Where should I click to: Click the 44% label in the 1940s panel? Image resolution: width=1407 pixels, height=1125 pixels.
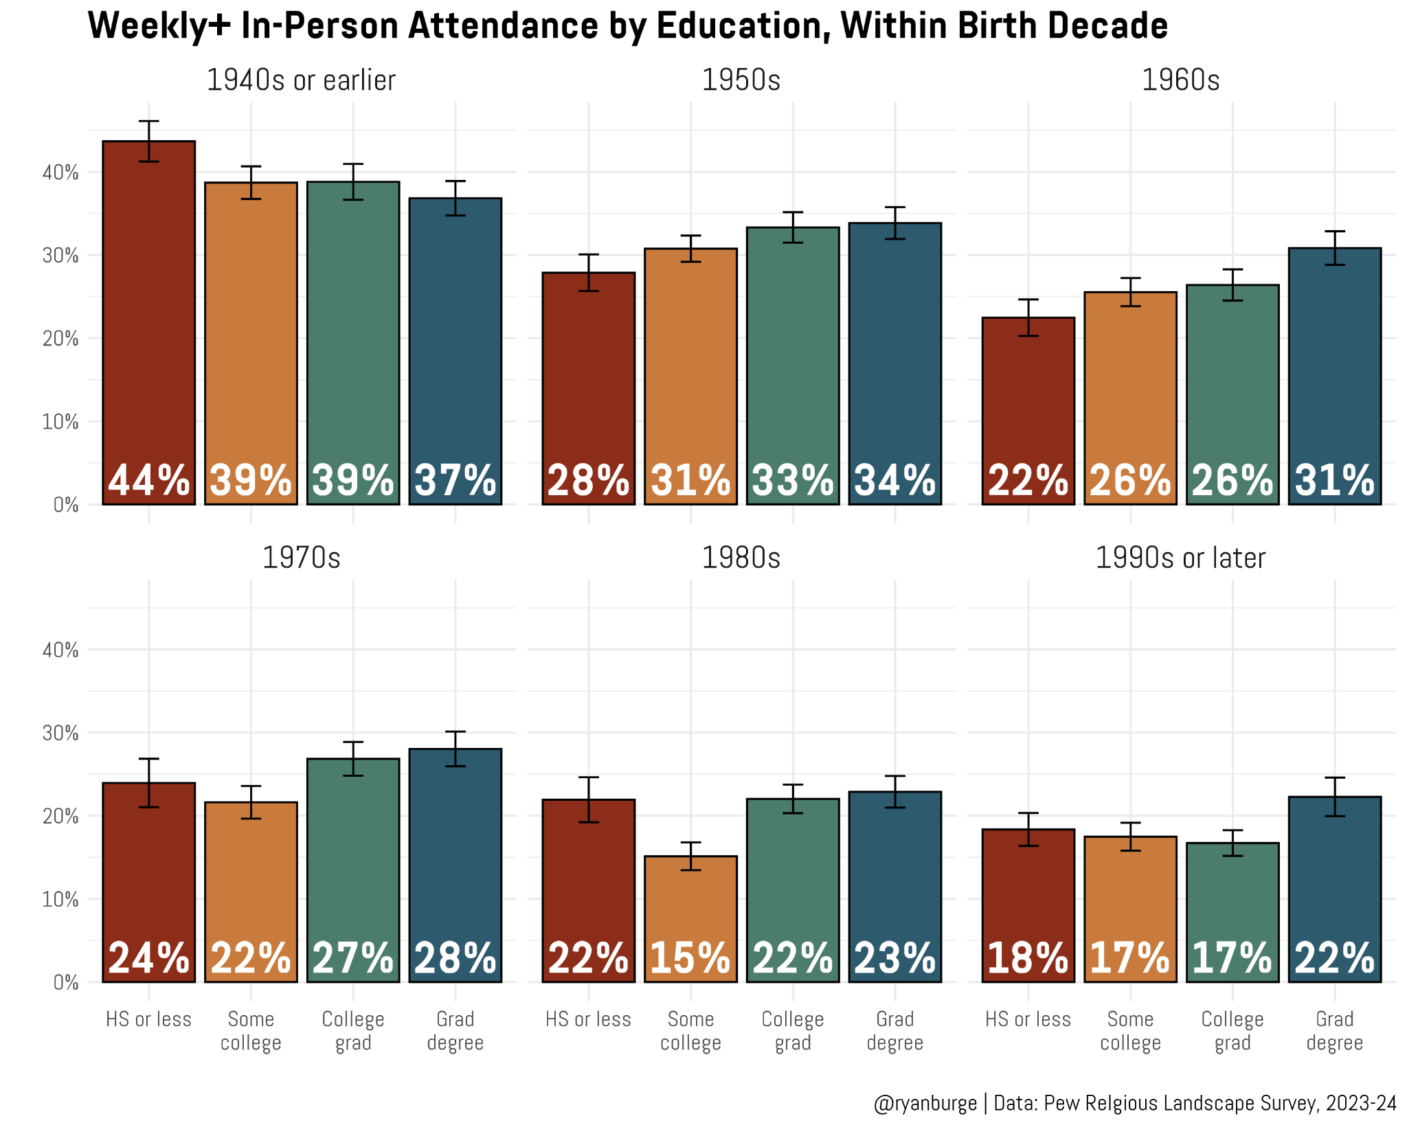click(148, 480)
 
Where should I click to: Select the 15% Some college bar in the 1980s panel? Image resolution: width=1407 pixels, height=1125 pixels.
click(690, 919)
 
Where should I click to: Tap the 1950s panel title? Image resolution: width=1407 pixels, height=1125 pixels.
click(741, 80)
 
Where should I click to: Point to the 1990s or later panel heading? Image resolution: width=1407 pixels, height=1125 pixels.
click(1180, 558)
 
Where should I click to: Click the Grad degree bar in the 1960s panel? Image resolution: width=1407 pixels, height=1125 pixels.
click(1334, 376)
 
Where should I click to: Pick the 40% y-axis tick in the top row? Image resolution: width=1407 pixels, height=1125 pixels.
click(60, 172)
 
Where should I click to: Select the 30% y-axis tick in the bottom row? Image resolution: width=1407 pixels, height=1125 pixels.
click(60, 733)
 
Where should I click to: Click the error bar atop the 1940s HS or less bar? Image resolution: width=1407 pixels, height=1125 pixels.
click(148, 141)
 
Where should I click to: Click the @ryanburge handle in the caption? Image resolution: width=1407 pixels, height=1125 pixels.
click(925, 1103)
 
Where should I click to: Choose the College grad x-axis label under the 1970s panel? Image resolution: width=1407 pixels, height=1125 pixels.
click(353, 1031)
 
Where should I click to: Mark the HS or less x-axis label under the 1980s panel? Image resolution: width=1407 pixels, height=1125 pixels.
click(588, 1019)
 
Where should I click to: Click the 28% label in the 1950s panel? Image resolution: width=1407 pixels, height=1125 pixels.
click(588, 480)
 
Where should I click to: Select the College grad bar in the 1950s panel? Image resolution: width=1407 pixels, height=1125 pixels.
click(793, 366)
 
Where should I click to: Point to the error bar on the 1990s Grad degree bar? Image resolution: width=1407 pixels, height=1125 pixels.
click(1334, 797)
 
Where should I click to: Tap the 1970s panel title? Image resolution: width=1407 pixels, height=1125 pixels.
click(301, 558)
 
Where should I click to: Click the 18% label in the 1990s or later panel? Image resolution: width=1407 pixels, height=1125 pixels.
click(1028, 958)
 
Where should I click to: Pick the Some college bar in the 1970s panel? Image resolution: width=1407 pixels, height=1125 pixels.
click(251, 892)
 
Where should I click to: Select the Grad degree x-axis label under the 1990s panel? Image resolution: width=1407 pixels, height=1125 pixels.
click(1334, 1031)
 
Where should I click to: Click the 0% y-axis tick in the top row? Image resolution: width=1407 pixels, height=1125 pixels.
click(66, 505)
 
